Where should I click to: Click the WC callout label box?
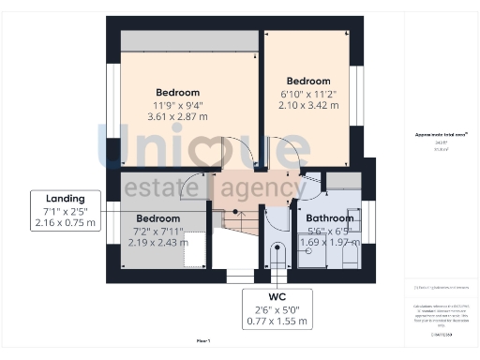(276, 309)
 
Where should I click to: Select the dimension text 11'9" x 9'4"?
(177, 105)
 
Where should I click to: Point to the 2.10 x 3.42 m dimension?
(308, 105)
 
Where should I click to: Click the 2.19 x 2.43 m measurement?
(158, 242)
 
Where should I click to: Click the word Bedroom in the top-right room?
(308, 80)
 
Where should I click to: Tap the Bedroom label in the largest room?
(177, 92)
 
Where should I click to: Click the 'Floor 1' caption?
(203, 342)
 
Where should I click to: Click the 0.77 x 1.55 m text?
(276, 322)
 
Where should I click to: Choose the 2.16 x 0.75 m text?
(65, 223)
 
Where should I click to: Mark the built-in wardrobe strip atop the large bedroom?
(187, 40)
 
